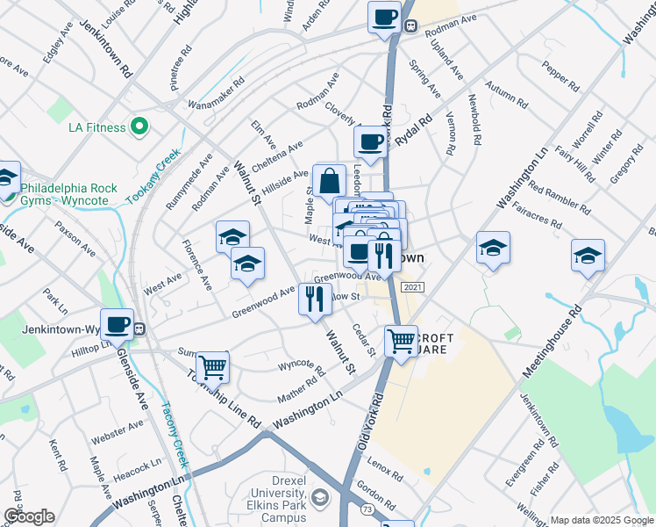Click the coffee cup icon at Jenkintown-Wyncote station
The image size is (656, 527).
pos(117,325)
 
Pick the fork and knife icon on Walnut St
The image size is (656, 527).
pos(315,300)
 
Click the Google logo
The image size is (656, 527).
pos(29,516)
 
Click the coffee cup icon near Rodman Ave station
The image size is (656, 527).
pos(384,18)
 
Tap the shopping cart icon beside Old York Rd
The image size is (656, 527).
pos(402,340)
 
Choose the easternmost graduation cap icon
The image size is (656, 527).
pos(588,256)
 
